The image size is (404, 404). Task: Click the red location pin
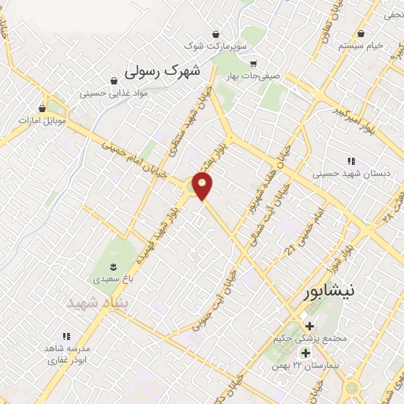pos(204,185)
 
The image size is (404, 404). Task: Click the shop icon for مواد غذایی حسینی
pos(114,80)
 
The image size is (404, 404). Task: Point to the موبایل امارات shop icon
pos(43,108)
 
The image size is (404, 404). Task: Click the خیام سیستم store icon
pos(361,33)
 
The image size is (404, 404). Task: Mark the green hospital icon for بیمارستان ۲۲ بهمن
pos(305,352)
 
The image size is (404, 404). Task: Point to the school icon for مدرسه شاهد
pos(67,336)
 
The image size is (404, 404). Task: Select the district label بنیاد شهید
pos(96,303)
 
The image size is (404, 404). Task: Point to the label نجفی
pos(392,14)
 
